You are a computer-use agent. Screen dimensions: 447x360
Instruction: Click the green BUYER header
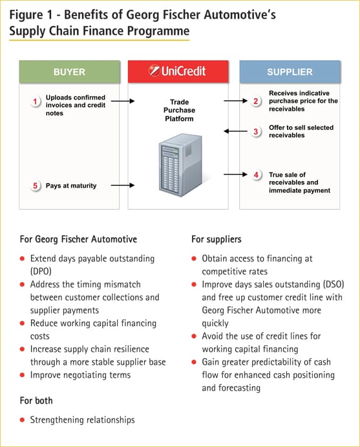point(70,72)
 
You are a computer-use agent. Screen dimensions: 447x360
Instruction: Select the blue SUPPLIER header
point(290,72)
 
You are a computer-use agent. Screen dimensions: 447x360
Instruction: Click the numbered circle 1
point(36,101)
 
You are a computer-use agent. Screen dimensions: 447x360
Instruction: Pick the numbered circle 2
point(256,101)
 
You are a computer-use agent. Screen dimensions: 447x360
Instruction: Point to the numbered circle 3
point(256,131)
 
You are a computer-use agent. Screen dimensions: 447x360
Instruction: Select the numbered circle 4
point(256,175)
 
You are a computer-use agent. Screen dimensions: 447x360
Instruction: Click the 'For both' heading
point(37,400)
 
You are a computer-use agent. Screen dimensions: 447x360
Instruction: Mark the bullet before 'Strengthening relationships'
point(23,420)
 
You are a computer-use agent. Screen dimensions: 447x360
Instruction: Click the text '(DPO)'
point(43,271)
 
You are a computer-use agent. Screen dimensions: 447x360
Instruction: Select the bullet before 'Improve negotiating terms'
point(23,375)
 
